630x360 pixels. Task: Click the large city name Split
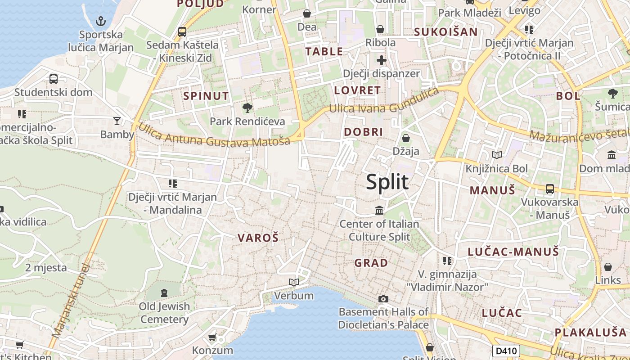[x=387, y=182]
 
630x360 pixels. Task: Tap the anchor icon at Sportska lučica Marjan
[x=101, y=21]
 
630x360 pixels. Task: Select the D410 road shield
[x=506, y=351]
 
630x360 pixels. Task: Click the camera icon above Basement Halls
[x=383, y=299]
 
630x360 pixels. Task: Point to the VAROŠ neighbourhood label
[x=258, y=238]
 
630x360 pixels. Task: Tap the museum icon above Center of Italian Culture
[x=379, y=210]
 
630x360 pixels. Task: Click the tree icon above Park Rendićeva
[x=247, y=108]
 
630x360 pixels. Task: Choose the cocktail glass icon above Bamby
[x=117, y=121]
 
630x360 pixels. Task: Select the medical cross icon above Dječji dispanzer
[x=382, y=60]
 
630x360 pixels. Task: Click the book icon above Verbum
[x=294, y=282]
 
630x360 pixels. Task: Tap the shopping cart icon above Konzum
[x=212, y=337]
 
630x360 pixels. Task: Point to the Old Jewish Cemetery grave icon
[x=164, y=293]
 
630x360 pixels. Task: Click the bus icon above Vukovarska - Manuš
[x=550, y=189]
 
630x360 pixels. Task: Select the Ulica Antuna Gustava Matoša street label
[x=214, y=135]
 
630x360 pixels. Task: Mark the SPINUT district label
[x=206, y=95]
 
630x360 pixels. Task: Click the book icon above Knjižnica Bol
[x=497, y=155]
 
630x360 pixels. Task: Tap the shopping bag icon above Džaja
[x=406, y=138]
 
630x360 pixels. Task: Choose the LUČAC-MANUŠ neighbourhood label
[x=513, y=252]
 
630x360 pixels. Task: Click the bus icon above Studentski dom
[x=54, y=79]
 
